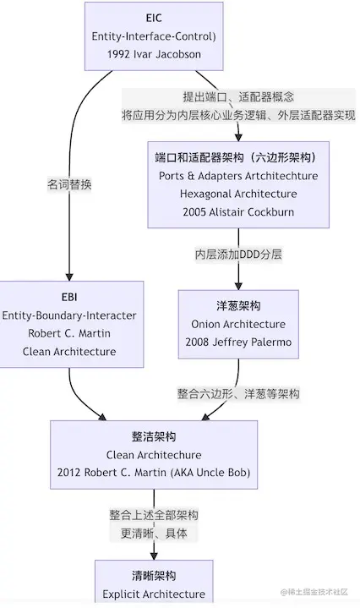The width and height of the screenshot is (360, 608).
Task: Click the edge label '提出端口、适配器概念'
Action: point(238,96)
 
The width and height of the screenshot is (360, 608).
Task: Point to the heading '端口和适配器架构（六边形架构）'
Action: point(238,157)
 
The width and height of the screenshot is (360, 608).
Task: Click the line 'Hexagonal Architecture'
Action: point(238,194)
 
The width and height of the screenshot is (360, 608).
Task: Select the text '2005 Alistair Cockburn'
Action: point(238,211)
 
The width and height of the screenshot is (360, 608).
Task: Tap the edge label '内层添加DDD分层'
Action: point(238,254)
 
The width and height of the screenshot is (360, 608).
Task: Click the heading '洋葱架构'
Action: point(238,306)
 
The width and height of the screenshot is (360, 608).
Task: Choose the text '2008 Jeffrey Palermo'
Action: point(238,342)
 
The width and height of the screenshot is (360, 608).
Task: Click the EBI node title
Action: point(69,298)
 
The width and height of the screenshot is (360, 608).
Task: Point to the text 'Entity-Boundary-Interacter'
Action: point(69,315)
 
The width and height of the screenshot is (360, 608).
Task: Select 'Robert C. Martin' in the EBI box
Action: point(69,333)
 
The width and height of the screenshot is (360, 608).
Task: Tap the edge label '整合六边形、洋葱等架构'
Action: point(238,393)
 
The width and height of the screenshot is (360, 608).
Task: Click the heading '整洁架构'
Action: point(154,436)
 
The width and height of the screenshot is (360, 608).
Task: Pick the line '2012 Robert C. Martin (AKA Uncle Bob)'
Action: point(154,472)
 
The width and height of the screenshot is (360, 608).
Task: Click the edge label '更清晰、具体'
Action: point(154,534)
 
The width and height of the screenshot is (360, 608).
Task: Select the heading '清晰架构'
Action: point(154,576)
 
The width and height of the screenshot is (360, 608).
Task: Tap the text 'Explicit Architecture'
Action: point(154,594)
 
